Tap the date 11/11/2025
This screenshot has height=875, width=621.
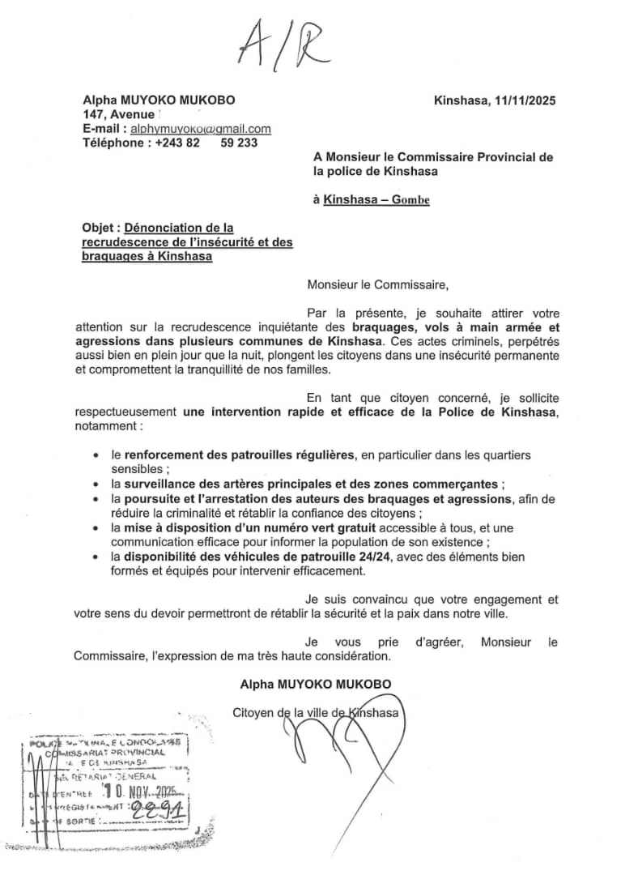[x=525, y=100]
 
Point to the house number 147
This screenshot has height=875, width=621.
[x=93, y=115]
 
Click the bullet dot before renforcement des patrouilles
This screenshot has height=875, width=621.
[x=98, y=455]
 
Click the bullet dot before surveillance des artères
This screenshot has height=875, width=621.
[x=98, y=484]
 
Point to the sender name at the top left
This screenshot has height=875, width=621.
[x=159, y=100]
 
